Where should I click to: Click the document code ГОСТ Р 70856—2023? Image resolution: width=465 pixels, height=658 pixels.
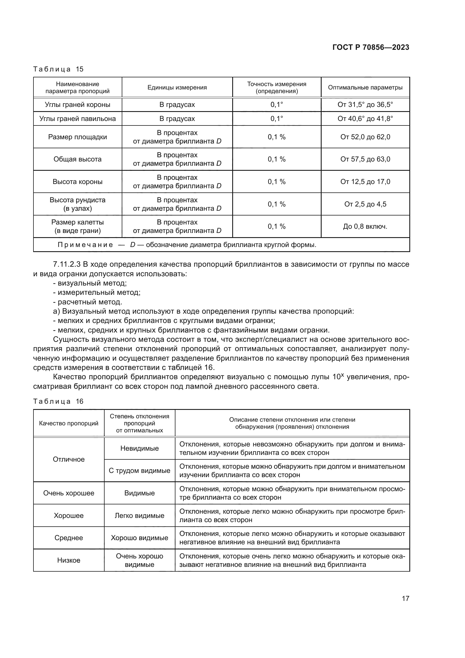point(371,47)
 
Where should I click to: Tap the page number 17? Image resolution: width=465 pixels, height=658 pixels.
point(405,598)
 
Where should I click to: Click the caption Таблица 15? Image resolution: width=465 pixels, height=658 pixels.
point(58,69)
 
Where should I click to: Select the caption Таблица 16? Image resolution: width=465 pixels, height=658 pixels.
point(58,401)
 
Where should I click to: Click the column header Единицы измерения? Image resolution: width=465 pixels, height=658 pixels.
point(177,87)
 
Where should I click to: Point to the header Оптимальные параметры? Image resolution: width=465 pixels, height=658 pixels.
point(365,87)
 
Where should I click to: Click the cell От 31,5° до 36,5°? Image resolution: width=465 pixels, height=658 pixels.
point(365,105)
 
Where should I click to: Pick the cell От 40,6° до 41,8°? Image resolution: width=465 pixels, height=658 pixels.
point(365,119)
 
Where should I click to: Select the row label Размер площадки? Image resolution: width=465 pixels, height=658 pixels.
point(77,137)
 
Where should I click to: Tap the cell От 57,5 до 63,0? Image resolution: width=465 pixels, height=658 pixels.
point(365,159)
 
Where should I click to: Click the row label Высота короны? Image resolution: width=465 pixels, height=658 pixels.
point(77,182)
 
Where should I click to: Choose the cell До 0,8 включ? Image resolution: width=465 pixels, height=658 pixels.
point(365,226)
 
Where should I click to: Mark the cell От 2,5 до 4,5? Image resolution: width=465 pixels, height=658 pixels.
point(365,204)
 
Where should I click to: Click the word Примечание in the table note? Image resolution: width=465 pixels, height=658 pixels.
point(85,245)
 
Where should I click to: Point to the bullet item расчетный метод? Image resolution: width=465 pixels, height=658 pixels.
point(90,302)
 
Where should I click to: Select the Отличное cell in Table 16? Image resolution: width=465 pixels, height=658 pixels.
point(69,459)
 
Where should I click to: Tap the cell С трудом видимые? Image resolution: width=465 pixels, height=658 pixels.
point(139,471)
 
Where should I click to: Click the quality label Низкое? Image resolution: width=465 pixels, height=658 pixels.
point(69,560)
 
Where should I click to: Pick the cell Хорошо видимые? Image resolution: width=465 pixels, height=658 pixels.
point(139,538)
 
